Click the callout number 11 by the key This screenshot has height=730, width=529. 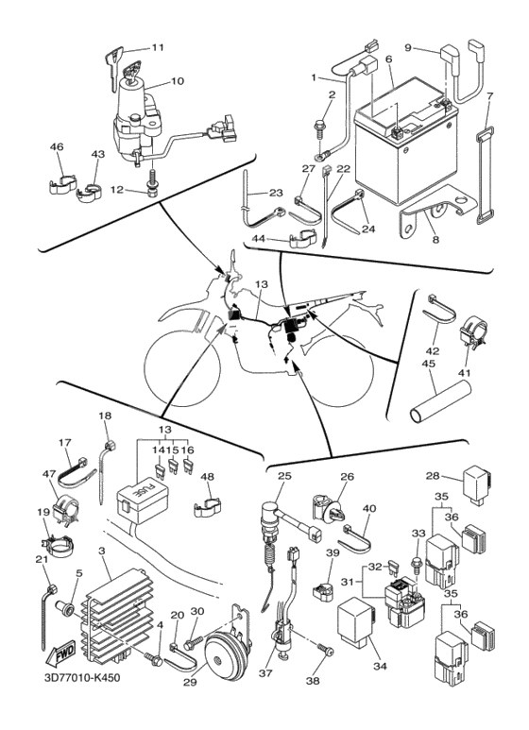[157, 47]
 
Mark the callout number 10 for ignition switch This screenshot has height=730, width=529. [177, 81]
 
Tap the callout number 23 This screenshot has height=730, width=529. [276, 193]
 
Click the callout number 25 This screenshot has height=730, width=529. [284, 477]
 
